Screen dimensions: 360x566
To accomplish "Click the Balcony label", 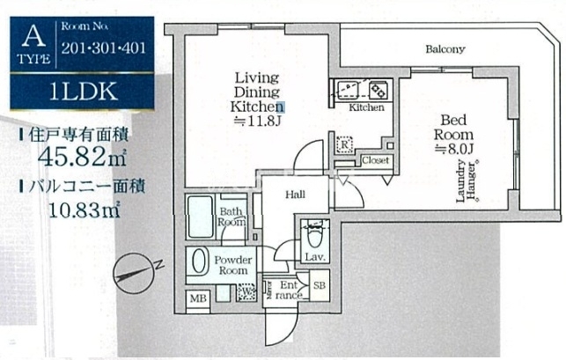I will click(445, 49).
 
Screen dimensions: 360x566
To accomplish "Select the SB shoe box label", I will click(320, 286).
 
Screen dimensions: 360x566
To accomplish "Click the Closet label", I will click(376, 161).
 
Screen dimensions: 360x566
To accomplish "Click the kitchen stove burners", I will click(379, 90).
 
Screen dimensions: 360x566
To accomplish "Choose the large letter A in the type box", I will click(33, 36).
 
